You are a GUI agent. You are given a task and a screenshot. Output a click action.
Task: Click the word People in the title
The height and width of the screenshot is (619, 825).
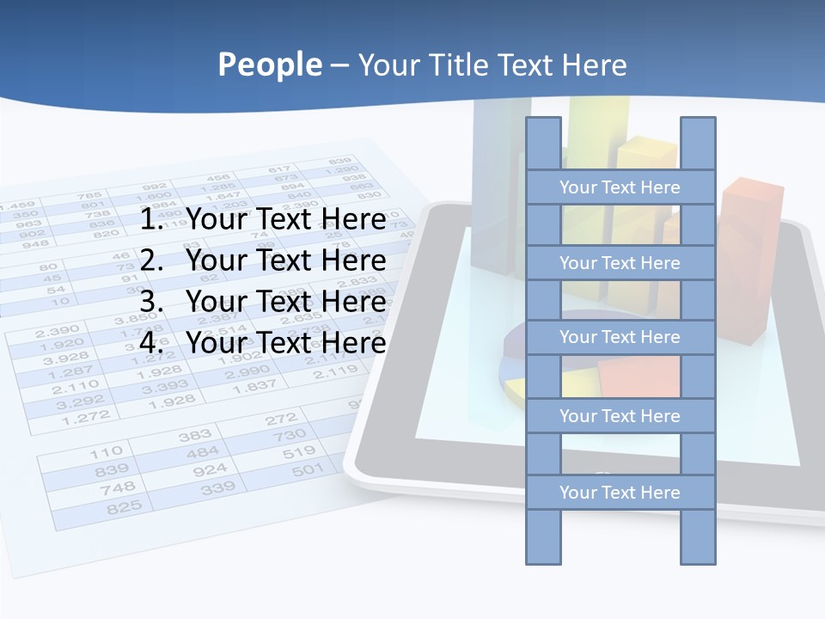[x=269, y=65]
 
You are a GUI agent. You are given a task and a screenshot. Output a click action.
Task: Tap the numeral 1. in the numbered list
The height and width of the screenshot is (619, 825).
[x=152, y=220]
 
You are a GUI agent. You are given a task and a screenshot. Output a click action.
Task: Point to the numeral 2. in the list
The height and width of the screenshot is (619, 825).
[x=152, y=260]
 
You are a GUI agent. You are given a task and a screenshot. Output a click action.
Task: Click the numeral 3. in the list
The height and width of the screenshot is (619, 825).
[x=152, y=302]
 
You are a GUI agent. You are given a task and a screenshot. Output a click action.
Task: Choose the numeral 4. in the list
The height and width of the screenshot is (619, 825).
[x=152, y=343]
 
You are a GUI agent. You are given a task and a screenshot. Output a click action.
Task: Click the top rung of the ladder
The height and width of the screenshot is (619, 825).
[x=620, y=187]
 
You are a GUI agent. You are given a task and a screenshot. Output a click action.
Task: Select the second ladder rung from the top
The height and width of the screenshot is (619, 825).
[x=620, y=263]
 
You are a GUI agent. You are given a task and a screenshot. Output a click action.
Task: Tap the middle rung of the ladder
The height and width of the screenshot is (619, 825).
[x=620, y=337]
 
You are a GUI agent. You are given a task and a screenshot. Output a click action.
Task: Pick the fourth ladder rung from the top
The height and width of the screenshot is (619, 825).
[x=620, y=416]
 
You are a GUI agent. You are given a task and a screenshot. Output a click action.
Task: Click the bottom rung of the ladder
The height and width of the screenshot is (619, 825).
[x=620, y=493]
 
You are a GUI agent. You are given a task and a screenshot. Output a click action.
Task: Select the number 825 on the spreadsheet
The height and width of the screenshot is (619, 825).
[x=124, y=507]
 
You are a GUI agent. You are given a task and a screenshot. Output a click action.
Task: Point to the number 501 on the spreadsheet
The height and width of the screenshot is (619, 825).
[x=307, y=470]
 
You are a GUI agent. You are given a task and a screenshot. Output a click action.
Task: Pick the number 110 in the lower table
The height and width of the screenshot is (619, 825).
[x=107, y=451]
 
